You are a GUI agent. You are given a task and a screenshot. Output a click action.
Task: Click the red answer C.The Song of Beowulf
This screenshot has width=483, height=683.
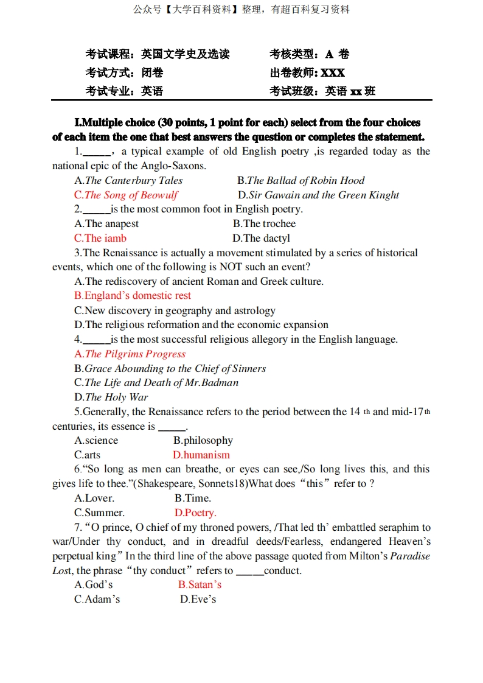point(126,195)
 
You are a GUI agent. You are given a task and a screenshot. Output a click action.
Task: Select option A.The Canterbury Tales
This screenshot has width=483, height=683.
point(128,180)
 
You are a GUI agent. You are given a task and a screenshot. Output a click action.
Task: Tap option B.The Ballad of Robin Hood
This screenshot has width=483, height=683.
point(301,180)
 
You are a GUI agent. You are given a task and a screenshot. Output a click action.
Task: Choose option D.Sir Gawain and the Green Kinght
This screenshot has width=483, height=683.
point(318,195)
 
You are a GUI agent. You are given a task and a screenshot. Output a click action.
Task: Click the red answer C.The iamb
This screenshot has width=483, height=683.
point(100,238)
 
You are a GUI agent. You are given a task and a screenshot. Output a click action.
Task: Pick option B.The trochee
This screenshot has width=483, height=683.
point(264,223)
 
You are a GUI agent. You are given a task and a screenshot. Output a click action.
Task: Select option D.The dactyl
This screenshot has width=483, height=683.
point(261,238)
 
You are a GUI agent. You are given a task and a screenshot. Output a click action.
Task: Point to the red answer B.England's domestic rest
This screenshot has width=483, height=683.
point(133,296)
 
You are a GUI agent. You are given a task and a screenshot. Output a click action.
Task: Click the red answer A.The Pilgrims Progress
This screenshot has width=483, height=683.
point(130,354)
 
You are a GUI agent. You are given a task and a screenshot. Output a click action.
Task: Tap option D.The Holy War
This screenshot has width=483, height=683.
point(111,397)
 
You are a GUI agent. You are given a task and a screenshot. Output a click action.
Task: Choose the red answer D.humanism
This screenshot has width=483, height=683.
point(201,455)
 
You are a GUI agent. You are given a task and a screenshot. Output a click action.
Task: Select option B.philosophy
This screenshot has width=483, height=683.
point(203,440)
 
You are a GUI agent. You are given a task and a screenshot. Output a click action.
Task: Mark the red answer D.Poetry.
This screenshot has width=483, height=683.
point(195,513)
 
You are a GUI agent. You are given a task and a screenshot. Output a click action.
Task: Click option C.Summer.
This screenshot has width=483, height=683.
point(99,513)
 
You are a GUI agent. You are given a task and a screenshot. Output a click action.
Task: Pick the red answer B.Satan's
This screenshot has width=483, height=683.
point(200,584)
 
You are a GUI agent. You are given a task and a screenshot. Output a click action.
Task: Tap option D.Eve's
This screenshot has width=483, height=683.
point(198,599)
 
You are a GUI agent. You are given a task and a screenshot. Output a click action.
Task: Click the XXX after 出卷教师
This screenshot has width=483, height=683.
point(333,73)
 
